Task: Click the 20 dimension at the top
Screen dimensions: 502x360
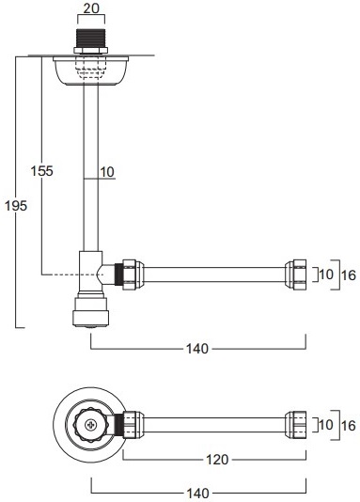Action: (90, 8)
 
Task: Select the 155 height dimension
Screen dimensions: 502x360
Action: (41, 171)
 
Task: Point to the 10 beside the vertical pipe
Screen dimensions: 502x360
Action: (106, 171)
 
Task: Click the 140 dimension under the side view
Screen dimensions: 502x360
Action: (196, 349)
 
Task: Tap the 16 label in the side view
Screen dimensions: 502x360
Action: (348, 275)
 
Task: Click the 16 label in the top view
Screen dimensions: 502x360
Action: (348, 424)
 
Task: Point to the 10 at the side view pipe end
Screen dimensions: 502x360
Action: (325, 275)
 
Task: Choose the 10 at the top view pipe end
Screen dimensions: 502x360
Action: (325, 424)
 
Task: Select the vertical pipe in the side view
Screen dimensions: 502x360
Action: (90, 169)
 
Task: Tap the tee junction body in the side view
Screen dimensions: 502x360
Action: (92, 274)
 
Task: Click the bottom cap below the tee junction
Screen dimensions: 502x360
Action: (90, 312)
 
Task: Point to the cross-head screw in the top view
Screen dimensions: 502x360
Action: (90, 425)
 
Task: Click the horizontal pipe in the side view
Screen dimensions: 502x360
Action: (216, 275)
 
